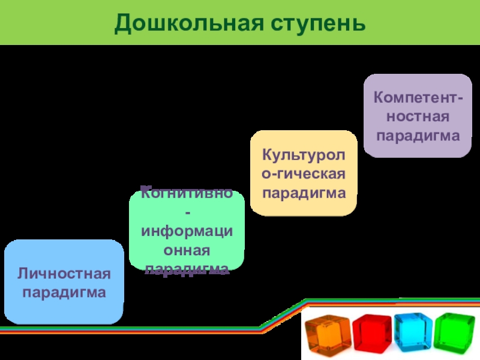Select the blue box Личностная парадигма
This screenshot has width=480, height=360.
pos(64,282)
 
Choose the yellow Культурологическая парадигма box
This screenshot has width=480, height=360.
pos(304,173)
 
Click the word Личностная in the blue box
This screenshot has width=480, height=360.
pos(64,274)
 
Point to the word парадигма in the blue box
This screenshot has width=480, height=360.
pos(64,293)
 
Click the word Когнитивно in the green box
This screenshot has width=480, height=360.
pos(187,193)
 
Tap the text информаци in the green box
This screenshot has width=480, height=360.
pos(187,231)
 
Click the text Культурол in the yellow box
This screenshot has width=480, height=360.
pos(304,154)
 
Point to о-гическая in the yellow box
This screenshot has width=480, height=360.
pos(304,173)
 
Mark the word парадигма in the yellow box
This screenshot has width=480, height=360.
pos(304,193)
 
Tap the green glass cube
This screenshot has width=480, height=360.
pos(454,332)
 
